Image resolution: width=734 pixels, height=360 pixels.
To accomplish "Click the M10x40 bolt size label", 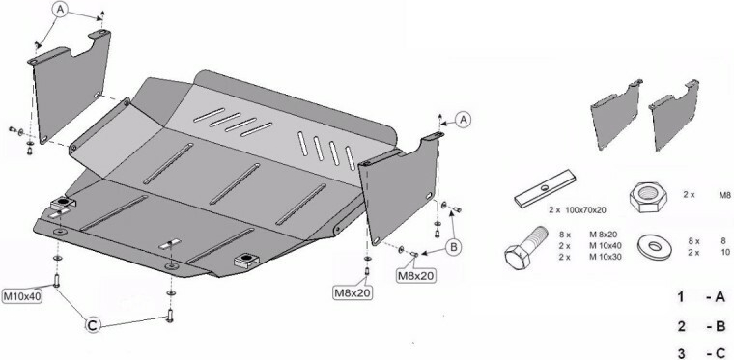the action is click(22, 296).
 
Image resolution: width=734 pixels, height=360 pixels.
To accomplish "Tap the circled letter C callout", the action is click(93, 324).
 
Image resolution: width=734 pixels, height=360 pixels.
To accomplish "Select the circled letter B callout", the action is click(453, 247).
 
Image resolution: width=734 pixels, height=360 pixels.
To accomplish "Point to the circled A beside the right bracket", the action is click(464, 120).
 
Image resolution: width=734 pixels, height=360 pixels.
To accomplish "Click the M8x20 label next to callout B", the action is click(415, 276).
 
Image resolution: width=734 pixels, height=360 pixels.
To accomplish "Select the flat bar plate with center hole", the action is click(546, 187).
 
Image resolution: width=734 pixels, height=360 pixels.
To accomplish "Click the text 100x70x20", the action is click(584, 210).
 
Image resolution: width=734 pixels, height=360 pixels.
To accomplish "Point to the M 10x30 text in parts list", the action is click(606, 257).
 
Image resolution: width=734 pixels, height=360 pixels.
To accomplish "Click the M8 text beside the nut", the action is click(724, 195).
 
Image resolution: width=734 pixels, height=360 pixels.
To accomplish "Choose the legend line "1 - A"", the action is click(701, 297).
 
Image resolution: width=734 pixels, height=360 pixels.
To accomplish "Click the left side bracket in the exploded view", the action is click(70, 87).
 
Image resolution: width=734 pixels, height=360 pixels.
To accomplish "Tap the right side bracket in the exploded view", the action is click(400, 188).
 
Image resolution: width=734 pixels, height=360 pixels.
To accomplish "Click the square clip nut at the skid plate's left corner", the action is click(63, 203).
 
